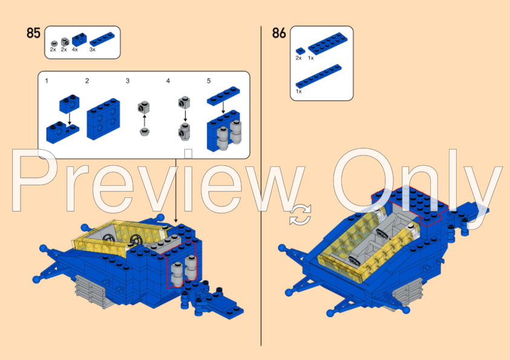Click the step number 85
pyautogui.click(x=33, y=33)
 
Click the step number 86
pyautogui.click(x=279, y=33)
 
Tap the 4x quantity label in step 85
pyautogui.click(x=74, y=50)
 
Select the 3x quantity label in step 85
pyautogui.click(x=92, y=50)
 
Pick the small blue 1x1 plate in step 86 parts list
pyautogui.click(x=299, y=50)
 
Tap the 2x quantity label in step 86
pyautogui.click(x=298, y=58)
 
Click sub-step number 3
pyautogui.click(x=128, y=80)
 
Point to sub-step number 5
pyautogui.click(x=209, y=80)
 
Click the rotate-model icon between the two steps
pyautogui.click(x=301, y=215)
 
